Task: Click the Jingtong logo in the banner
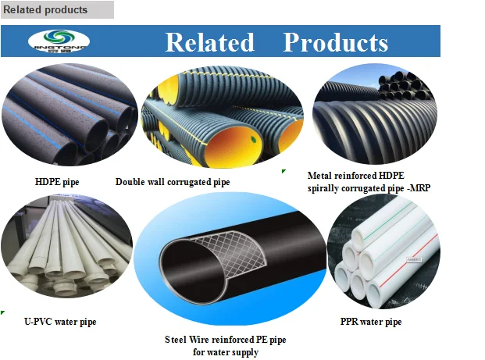pos(59,41)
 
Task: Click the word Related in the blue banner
pos(209,42)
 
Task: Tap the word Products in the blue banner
pos(335,42)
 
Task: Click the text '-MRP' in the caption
pos(419,188)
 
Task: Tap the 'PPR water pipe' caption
pos(370,321)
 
